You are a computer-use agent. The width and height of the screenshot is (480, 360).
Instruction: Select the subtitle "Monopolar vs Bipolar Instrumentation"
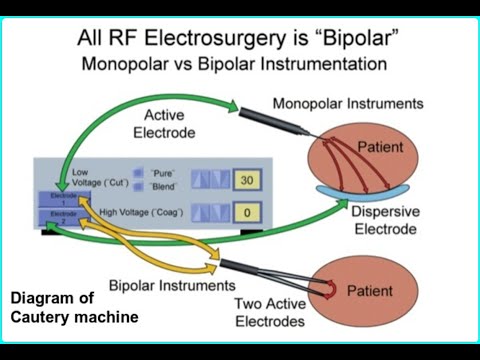(241, 65)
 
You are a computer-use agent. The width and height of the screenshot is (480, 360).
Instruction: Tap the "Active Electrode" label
(171, 124)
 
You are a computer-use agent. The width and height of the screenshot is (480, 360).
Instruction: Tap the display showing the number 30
(246, 182)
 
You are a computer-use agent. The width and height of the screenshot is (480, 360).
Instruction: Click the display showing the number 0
(246, 212)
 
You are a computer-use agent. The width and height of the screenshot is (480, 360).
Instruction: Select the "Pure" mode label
(162, 172)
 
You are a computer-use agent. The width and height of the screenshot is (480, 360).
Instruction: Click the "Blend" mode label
(164, 187)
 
